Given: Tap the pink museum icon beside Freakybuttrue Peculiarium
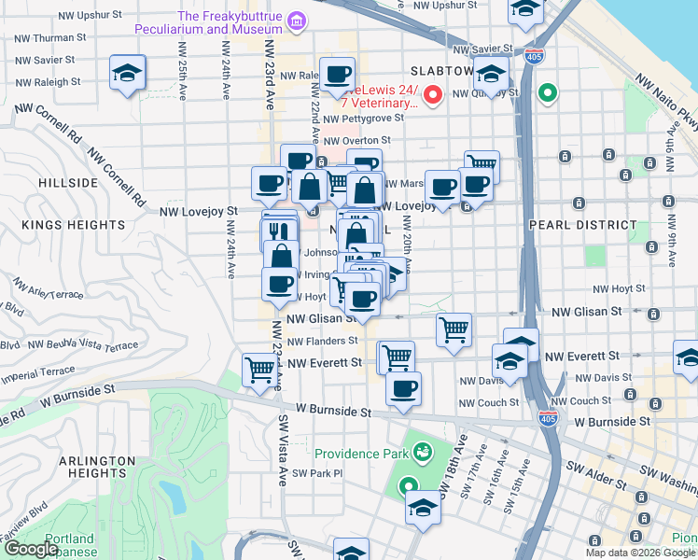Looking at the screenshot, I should (x=297, y=20).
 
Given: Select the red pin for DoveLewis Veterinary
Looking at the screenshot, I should (x=433, y=94).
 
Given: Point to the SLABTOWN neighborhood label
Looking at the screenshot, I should (x=442, y=72).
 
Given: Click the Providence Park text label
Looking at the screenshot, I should (x=361, y=454).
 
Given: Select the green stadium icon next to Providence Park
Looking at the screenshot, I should (x=422, y=453).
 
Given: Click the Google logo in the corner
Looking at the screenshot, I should (x=31, y=549).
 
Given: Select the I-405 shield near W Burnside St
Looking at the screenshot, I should (x=550, y=420).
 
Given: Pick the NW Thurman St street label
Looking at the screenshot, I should (x=50, y=38).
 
